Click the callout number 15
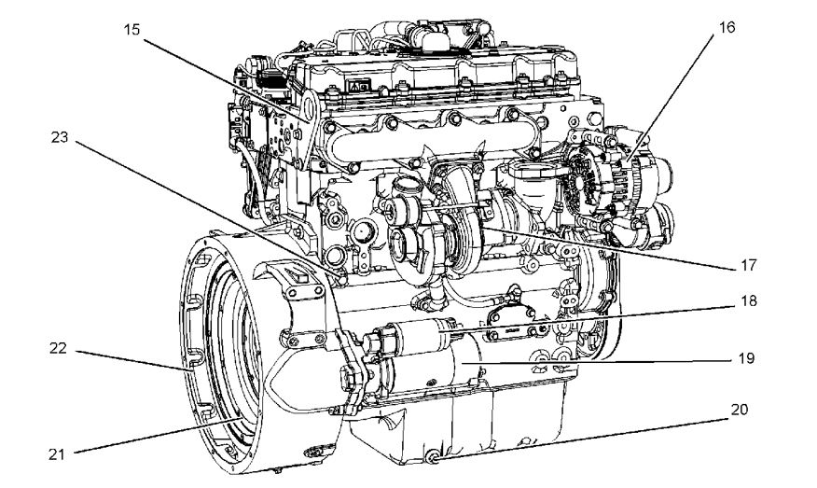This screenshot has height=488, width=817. (132, 30)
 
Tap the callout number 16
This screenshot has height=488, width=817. (727, 28)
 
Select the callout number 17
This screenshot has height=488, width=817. (748, 265)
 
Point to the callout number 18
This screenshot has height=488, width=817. (748, 301)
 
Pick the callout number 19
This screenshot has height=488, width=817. (746, 358)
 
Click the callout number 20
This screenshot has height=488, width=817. (739, 410)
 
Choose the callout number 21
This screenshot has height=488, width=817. (57, 454)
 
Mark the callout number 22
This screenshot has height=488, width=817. (59, 348)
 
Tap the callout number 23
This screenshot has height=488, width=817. (60, 137)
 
